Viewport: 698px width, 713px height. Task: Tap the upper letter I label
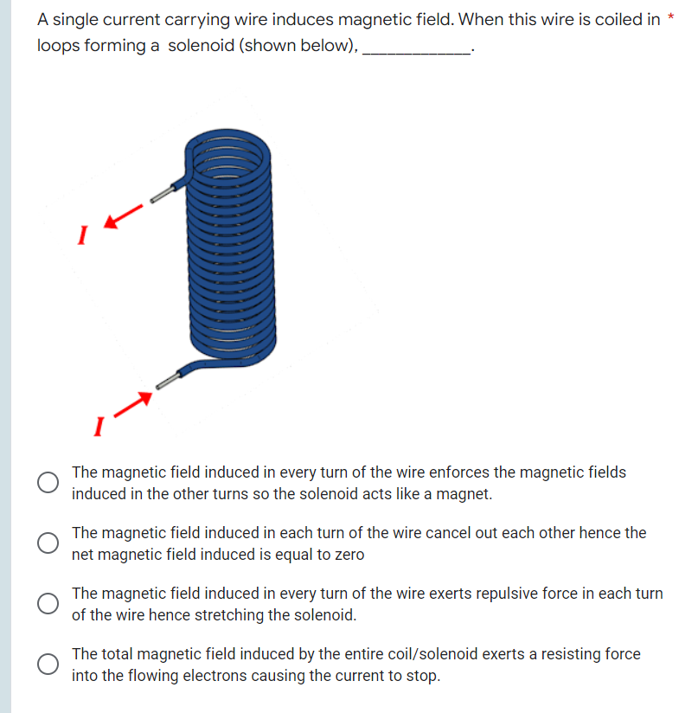pyautogui.click(x=83, y=234)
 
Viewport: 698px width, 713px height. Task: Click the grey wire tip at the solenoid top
pyautogui.click(x=161, y=195)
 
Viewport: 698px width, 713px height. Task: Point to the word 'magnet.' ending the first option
pyautogui.click(x=465, y=495)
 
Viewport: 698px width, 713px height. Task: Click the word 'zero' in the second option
pyautogui.click(x=347, y=555)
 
